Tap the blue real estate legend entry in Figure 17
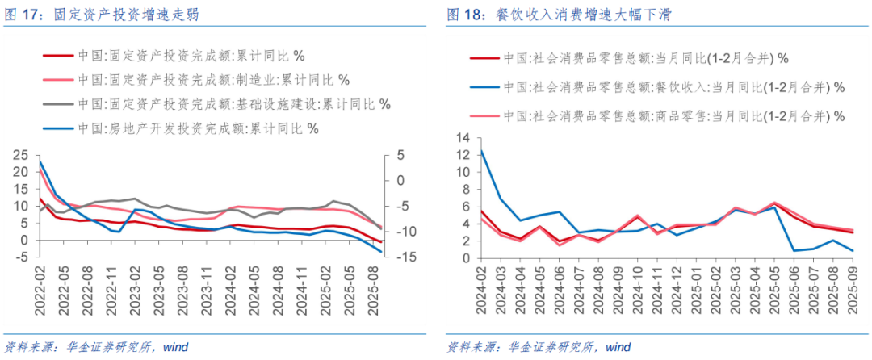(x=198, y=128)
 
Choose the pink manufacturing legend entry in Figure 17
(x=214, y=80)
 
